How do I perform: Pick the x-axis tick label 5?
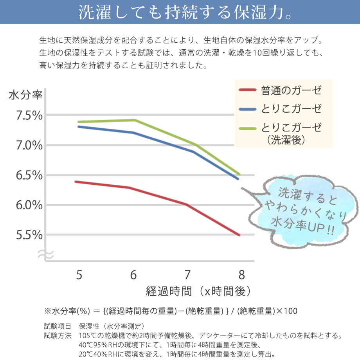[x=79, y=275]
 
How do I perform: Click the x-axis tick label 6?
[x=133, y=275]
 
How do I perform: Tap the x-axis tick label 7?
[x=187, y=275]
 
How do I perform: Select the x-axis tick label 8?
[x=241, y=275]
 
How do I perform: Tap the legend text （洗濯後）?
[x=286, y=140]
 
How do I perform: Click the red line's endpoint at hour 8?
[x=239, y=235]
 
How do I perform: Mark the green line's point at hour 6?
[x=134, y=120]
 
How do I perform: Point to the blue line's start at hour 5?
[x=78, y=126]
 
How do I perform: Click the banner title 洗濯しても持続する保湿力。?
[x=180, y=12]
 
